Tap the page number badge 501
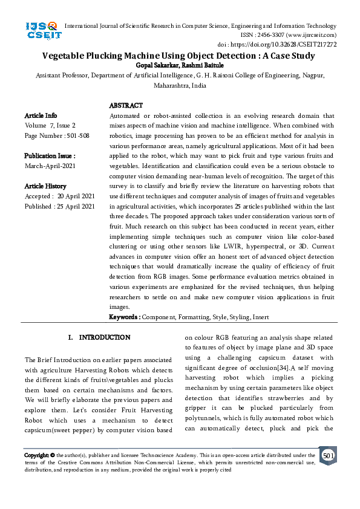328,455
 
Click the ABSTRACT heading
126,106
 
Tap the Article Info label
41,115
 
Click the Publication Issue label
50,155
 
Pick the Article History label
45,186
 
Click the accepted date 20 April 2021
76,196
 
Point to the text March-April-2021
50,166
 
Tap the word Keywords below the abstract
124,317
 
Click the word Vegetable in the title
65,56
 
